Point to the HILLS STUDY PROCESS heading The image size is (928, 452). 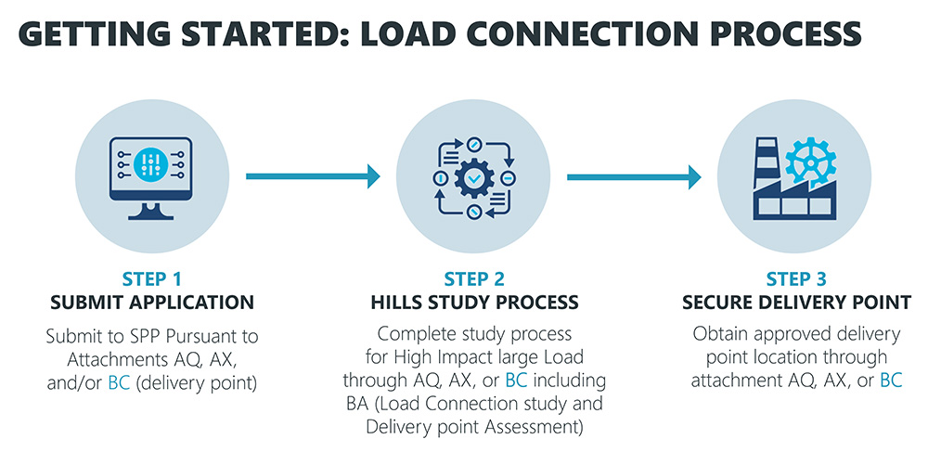[x=474, y=303]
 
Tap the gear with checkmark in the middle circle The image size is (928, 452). [x=474, y=175]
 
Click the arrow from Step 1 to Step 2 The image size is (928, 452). [x=313, y=175]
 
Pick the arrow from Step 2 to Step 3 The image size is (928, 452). [x=634, y=175]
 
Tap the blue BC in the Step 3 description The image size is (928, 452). [x=891, y=380]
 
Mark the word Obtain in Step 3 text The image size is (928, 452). [x=717, y=334]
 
